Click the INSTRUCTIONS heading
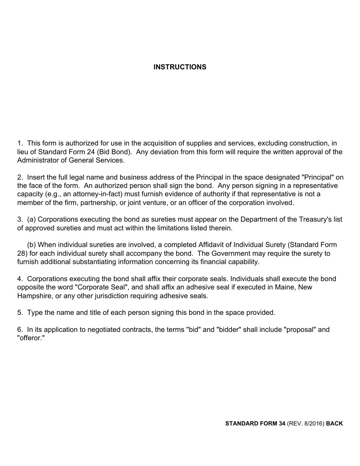(x=180, y=67)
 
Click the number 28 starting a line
(x=21, y=253)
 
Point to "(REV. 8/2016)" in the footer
(x=305, y=424)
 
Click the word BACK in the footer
(x=334, y=424)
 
